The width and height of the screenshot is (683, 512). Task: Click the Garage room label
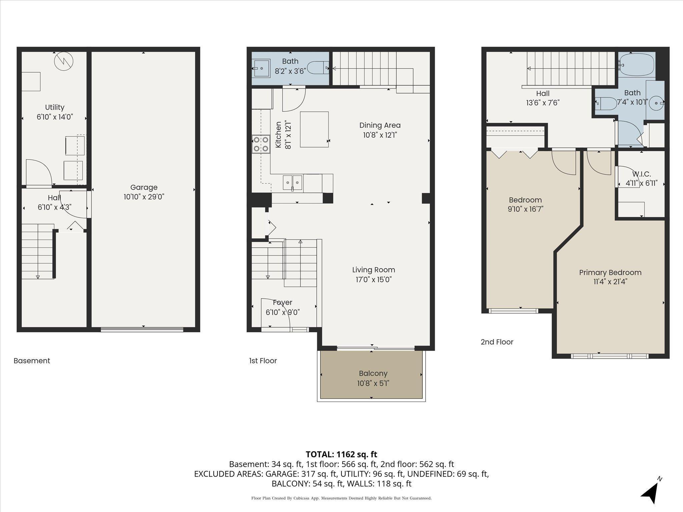click(144, 187)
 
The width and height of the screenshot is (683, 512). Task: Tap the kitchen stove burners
click(261, 144)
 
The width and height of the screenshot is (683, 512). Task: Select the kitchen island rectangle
click(314, 129)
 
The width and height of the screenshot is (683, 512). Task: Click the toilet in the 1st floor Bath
click(318, 68)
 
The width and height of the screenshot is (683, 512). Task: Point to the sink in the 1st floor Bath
click(261, 68)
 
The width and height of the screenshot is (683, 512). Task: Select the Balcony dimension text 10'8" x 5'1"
click(373, 383)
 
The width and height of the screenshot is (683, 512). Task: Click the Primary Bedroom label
click(610, 272)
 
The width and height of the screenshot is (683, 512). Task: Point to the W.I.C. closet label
click(641, 174)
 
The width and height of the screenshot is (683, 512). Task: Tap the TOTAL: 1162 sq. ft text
click(341, 454)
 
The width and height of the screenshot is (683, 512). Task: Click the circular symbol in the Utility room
click(64, 62)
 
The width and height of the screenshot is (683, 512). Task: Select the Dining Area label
click(380, 125)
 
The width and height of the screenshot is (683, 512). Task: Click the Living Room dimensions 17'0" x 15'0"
click(374, 279)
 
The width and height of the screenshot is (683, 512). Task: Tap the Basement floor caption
click(32, 361)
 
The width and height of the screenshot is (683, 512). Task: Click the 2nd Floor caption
click(497, 342)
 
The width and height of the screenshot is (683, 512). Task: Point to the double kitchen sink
click(292, 183)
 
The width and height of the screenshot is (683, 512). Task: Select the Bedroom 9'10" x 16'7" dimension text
click(525, 209)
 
